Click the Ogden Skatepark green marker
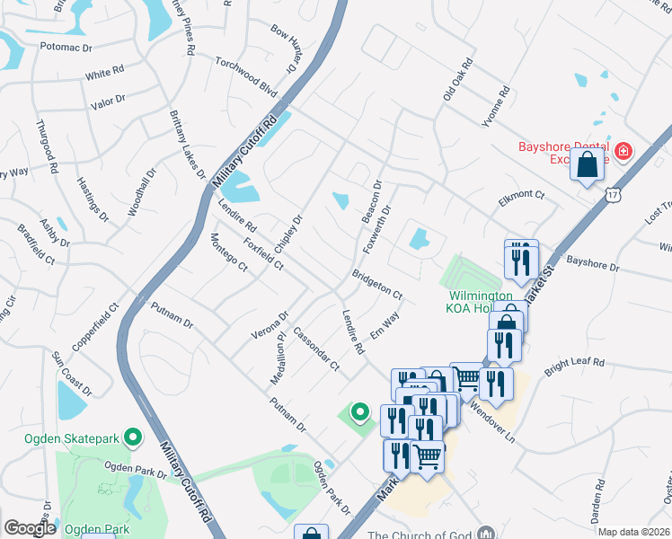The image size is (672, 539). coord(134,437)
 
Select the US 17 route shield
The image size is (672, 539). coord(612,194)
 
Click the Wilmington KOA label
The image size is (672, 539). coord(481,303)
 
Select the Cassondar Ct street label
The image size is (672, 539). coord(316,348)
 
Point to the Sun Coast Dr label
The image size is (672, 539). coord(71,374)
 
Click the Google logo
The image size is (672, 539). coord(30,528)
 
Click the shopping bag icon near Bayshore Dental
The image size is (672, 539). coord(587,165)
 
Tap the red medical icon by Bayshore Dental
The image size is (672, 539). coord(623,153)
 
